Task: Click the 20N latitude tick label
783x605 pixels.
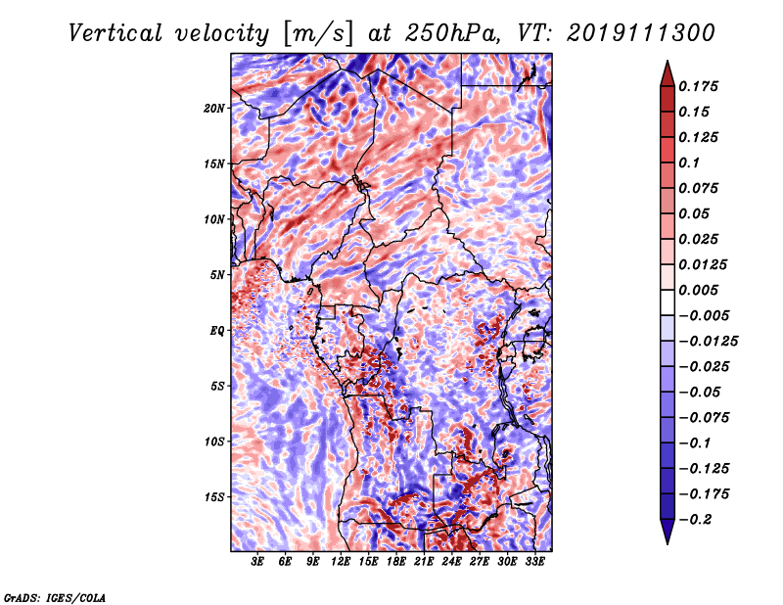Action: (x=214, y=108)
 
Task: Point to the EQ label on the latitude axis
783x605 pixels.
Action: (x=217, y=330)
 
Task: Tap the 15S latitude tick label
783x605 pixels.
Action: (x=214, y=496)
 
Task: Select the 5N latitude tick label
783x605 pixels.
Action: (x=217, y=274)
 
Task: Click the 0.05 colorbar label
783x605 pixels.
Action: (x=697, y=213)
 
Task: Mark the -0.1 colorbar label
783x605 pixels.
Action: (x=700, y=442)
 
